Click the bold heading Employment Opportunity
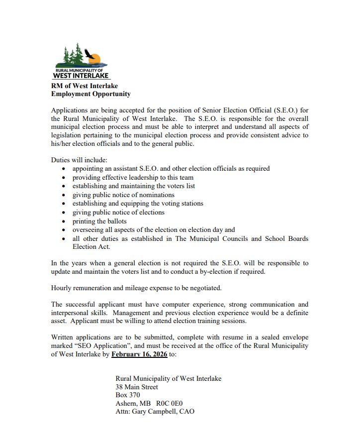(91, 94)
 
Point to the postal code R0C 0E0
(173, 403)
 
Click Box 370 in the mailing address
(128, 395)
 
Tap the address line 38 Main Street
(137, 387)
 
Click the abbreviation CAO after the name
(186, 412)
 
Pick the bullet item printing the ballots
(99, 221)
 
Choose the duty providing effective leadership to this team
(133, 177)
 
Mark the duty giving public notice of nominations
(123, 195)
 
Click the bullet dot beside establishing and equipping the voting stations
(64, 204)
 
